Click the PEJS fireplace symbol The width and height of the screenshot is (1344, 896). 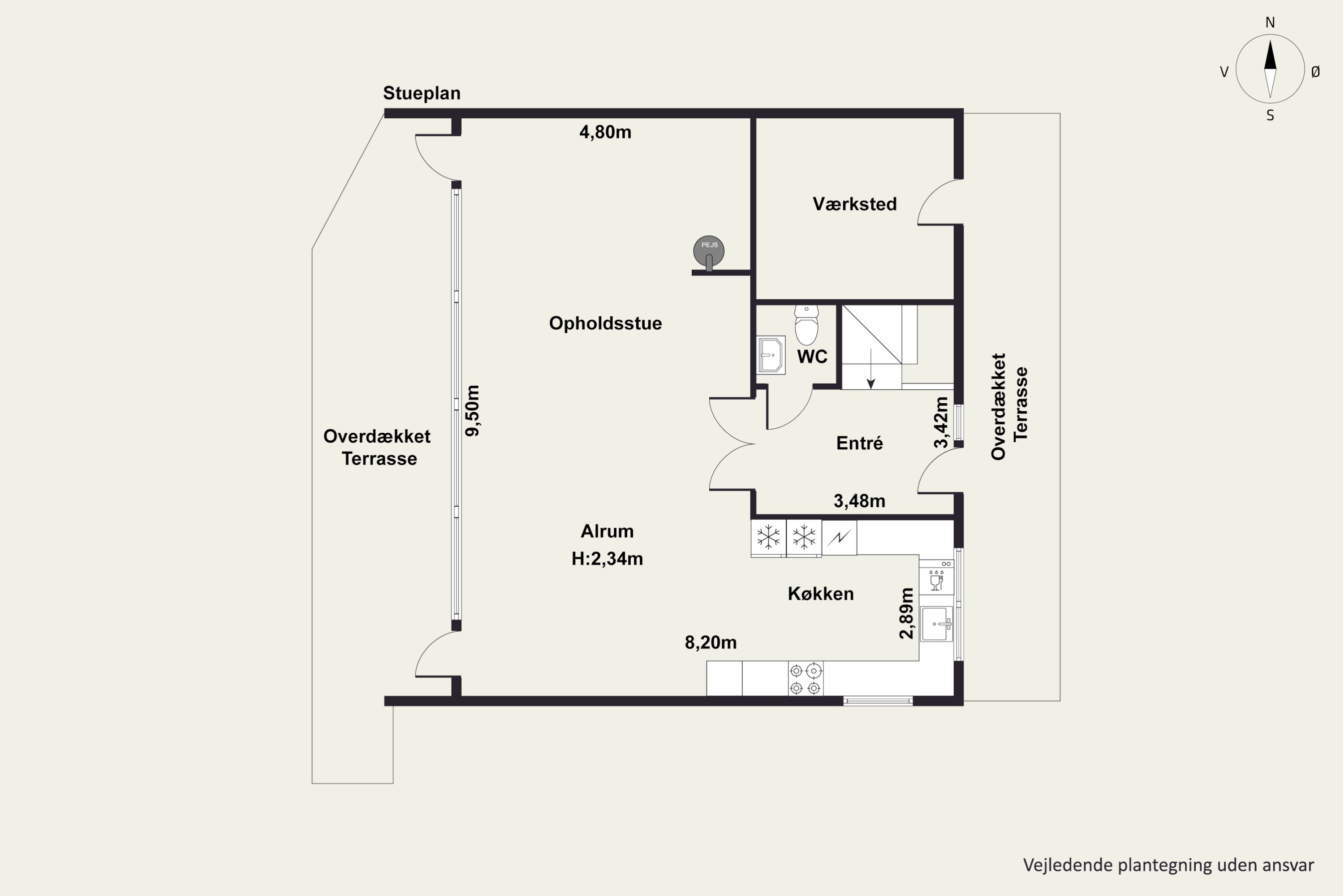(x=709, y=252)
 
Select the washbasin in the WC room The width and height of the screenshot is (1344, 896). (x=771, y=355)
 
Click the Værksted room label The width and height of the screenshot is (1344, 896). (x=855, y=204)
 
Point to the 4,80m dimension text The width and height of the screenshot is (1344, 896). (x=605, y=133)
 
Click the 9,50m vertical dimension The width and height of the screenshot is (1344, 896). (x=473, y=410)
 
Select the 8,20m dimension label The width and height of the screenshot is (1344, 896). (x=711, y=643)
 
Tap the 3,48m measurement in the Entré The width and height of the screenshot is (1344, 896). (x=859, y=501)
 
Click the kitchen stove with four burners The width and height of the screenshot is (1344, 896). (x=806, y=679)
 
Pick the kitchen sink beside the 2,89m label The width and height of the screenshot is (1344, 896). (x=937, y=624)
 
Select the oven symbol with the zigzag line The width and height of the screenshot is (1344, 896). (x=840, y=537)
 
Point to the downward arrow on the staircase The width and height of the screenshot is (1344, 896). (x=871, y=369)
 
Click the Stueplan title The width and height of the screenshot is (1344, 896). (x=422, y=93)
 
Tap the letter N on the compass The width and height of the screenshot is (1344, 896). (x=1270, y=22)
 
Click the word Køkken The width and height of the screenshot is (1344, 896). (x=821, y=594)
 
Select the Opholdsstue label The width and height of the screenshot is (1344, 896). (x=606, y=323)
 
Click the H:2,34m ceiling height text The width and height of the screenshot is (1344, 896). (x=607, y=558)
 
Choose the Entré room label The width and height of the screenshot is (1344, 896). (x=859, y=443)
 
